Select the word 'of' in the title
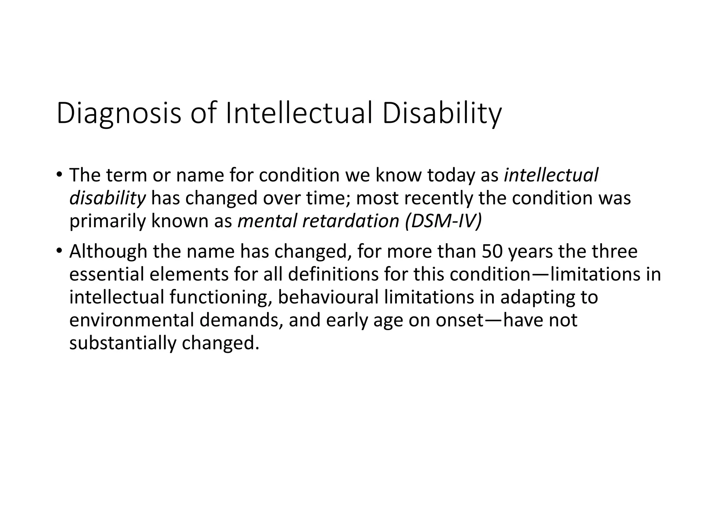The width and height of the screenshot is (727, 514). coord(203,113)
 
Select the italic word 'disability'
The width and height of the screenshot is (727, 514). coord(107,198)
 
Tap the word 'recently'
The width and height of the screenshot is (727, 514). coord(439,198)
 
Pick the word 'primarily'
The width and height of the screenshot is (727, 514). coord(107,221)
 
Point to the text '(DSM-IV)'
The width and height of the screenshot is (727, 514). coord(443,221)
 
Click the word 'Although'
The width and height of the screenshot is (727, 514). coord(108,251)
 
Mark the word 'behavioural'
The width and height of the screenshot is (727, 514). coord(328,297)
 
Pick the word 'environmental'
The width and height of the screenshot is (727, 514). coord(131,320)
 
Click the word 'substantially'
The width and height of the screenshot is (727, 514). coord(122,343)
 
